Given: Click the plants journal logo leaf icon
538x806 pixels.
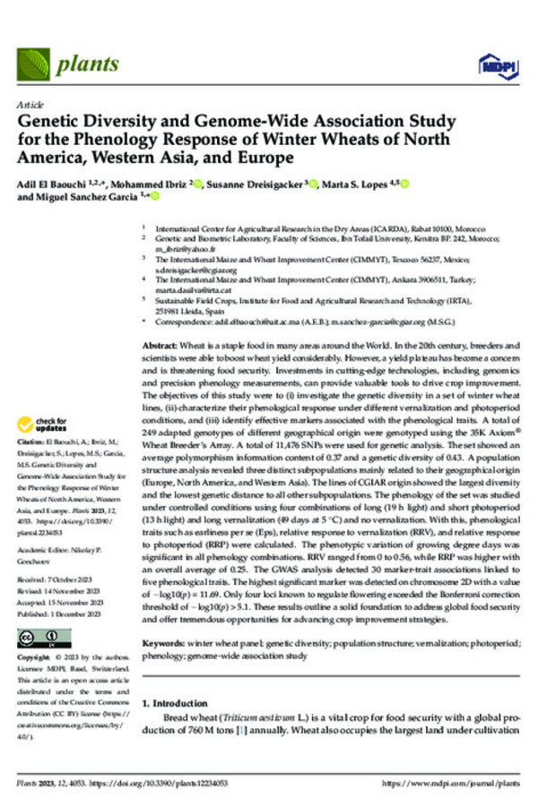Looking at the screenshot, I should click(x=36, y=62).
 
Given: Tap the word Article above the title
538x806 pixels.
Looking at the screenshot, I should click(x=30, y=104).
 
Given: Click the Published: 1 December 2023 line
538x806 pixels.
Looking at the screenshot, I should click(x=63, y=586).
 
